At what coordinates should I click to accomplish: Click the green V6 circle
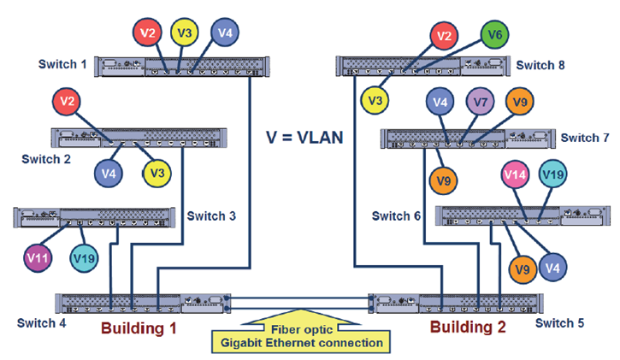[494, 35]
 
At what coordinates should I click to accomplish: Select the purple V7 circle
[480, 102]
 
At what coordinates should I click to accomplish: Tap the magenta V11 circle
[38, 258]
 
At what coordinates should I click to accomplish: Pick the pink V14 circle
[515, 174]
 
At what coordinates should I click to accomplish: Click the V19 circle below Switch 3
[84, 258]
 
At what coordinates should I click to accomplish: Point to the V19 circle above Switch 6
[552, 174]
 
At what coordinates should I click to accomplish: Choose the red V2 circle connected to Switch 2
[67, 102]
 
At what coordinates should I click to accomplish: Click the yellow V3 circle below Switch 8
[375, 100]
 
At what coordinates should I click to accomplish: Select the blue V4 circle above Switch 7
[440, 102]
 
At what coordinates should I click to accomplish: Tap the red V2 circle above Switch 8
[444, 36]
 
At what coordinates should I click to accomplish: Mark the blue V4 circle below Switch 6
[552, 268]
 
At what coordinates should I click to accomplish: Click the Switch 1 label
[62, 64]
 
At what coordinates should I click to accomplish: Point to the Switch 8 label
[540, 65]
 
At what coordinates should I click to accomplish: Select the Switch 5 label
[559, 323]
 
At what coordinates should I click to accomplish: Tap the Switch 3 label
[211, 215]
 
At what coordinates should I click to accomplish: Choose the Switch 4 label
[42, 323]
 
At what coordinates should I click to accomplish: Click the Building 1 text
[139, 328]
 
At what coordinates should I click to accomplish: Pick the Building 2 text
[468, 328]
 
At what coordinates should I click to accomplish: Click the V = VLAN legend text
[304, 138]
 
